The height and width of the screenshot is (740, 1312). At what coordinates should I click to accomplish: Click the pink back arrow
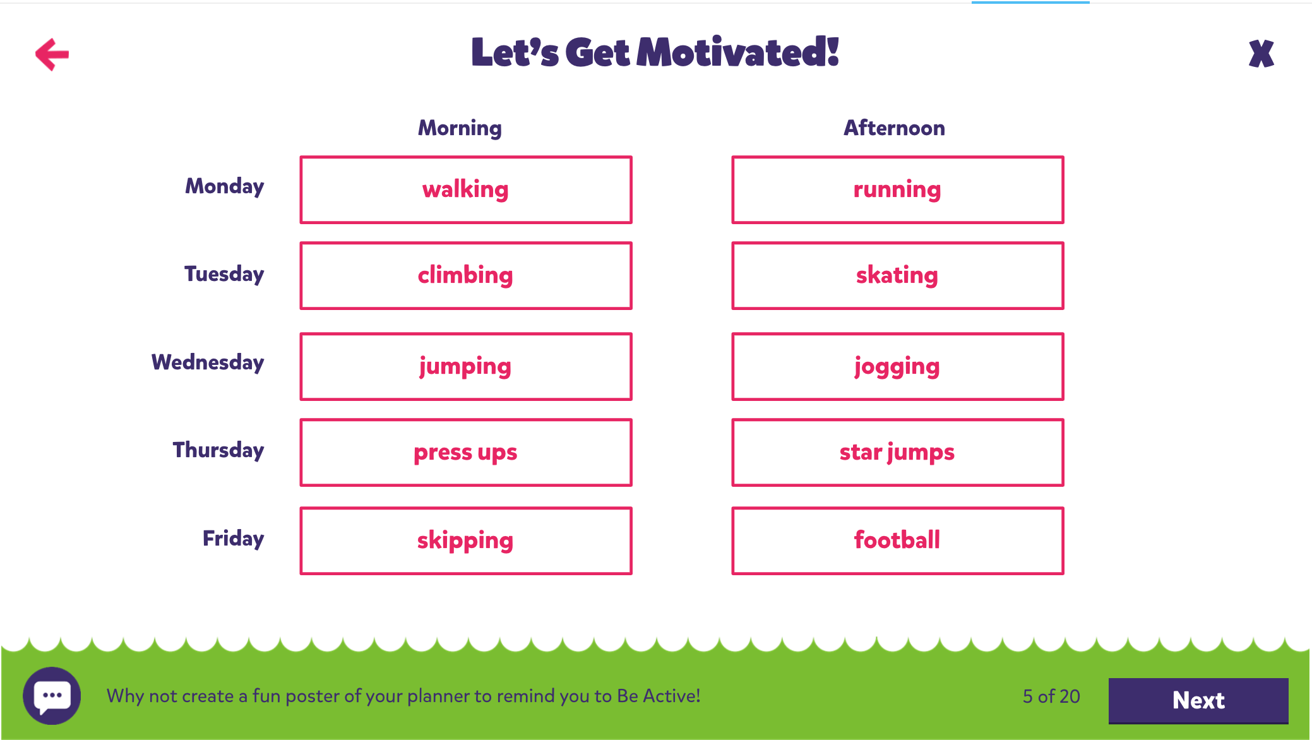pos(52,54)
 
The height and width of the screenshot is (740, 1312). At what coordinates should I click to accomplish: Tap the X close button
pos(1261,54)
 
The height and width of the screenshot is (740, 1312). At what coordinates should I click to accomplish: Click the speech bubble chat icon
pos(52,696)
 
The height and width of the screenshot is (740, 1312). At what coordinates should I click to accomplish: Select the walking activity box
pos(466,189)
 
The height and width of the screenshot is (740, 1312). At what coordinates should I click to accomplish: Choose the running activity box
pos(897,189)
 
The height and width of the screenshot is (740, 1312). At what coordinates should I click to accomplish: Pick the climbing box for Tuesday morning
pos(466,275)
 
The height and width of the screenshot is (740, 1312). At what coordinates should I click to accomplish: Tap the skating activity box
pos(897,275)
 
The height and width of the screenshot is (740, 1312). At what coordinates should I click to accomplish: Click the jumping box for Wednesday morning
pos(466,366)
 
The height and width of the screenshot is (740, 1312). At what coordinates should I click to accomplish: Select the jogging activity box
pos(897,366)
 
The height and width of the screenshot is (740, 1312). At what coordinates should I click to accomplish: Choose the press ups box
pos(466,452)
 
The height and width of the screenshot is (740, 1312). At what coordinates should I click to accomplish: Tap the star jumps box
pos(897,452)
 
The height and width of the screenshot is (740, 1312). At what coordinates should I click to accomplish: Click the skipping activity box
pos(466,540)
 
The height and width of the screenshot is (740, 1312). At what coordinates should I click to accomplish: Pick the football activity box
pos(897,540)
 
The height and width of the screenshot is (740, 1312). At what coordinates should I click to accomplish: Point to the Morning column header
pos(460,128)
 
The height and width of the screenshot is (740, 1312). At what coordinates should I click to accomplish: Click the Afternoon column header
pos(895,128)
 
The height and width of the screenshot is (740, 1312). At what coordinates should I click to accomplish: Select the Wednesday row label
pos(208,362)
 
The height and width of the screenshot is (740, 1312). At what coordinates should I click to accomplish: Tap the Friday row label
pos(233,539)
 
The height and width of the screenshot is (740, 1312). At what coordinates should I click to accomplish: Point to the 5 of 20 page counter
pos(1051,696)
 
